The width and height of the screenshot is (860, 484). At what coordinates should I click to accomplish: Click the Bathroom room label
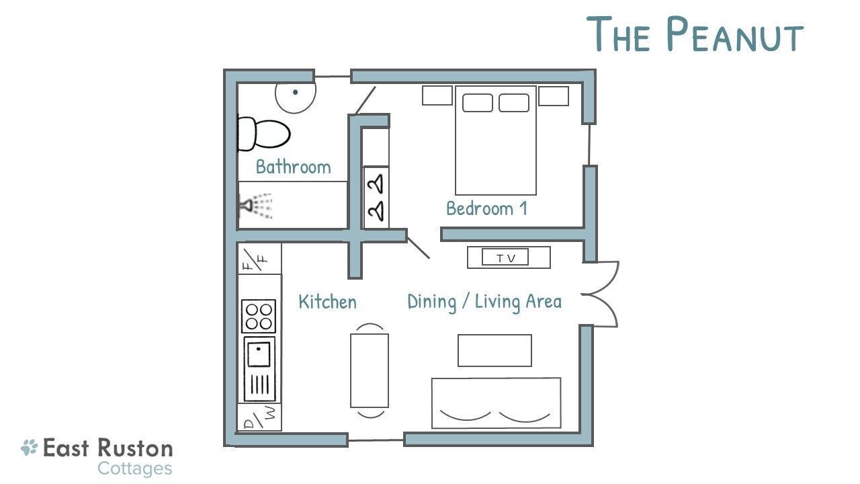click(294, 167)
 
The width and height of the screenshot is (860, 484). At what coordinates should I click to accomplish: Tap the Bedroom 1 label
click(487, 208)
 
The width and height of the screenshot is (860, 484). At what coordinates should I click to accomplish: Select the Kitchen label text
click(327, 302)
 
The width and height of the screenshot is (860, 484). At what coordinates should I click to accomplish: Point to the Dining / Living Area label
click(484, 302)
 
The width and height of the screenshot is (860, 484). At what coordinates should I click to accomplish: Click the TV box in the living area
click(505, 257)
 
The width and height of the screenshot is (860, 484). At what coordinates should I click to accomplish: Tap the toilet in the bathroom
click(264, 134)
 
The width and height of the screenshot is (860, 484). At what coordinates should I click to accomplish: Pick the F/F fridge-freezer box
click(259, 259)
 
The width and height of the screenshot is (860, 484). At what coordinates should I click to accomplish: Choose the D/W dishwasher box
click(259, 417)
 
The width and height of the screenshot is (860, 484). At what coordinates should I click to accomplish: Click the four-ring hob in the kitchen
click(259, 316)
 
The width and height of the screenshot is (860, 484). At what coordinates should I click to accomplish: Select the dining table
click(370, 370)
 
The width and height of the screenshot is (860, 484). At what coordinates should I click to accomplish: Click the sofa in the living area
click(496, 403)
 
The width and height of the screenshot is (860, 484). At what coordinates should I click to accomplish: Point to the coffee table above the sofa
click(495, 350)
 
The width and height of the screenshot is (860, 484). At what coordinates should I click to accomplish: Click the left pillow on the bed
click(478, 103)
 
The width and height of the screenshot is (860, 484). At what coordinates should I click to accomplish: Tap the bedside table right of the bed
click(554, 95)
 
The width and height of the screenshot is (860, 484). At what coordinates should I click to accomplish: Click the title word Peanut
click(735, 34)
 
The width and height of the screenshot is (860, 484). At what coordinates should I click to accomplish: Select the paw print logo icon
click(29, 448)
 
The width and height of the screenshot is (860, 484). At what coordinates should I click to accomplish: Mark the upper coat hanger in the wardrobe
click(376, 184)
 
